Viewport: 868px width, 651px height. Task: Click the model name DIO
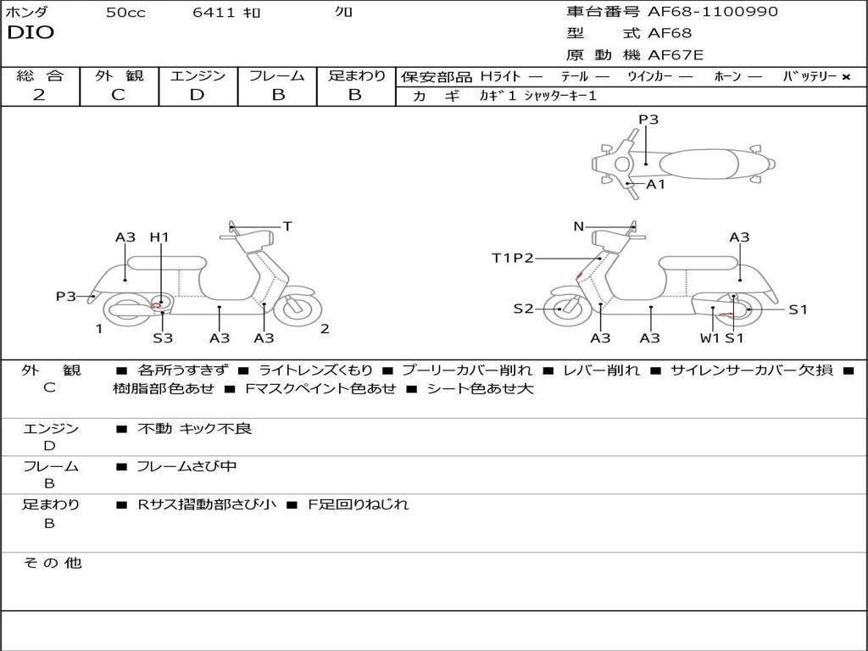coord(31,33)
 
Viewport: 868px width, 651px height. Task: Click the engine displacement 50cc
coord(125,13)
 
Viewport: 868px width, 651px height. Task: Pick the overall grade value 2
coord(39,95)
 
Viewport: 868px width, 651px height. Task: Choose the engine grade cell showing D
coord(198,95)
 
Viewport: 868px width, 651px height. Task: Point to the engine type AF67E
coord(676,56)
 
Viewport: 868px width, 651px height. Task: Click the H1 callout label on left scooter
coord(159,237)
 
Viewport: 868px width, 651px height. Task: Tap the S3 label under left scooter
coord(163,338)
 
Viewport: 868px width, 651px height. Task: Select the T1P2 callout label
coord(513,258)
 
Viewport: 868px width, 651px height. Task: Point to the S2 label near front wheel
coord(524,309)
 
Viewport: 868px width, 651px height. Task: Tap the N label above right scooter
coord(579,226)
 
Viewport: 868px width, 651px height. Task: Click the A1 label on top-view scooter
coord(656,184)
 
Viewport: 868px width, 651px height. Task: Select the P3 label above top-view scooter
coord(648,120)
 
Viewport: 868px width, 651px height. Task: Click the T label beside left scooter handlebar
coord(287,226)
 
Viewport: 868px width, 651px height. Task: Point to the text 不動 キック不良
coord(194,429)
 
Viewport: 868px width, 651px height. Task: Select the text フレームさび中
coord(186,466)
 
